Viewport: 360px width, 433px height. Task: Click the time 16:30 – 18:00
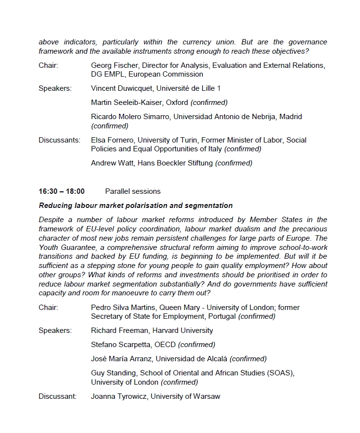[62, 191]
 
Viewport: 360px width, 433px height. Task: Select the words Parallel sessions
[133, 191]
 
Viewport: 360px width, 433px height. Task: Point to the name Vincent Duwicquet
[121, 88]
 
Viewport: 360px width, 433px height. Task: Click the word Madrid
[290, 117]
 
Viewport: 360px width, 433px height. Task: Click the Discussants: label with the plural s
[59, 140]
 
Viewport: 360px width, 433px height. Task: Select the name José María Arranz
[122, 359]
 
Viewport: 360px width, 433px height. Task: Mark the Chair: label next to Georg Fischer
[48, 65]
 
